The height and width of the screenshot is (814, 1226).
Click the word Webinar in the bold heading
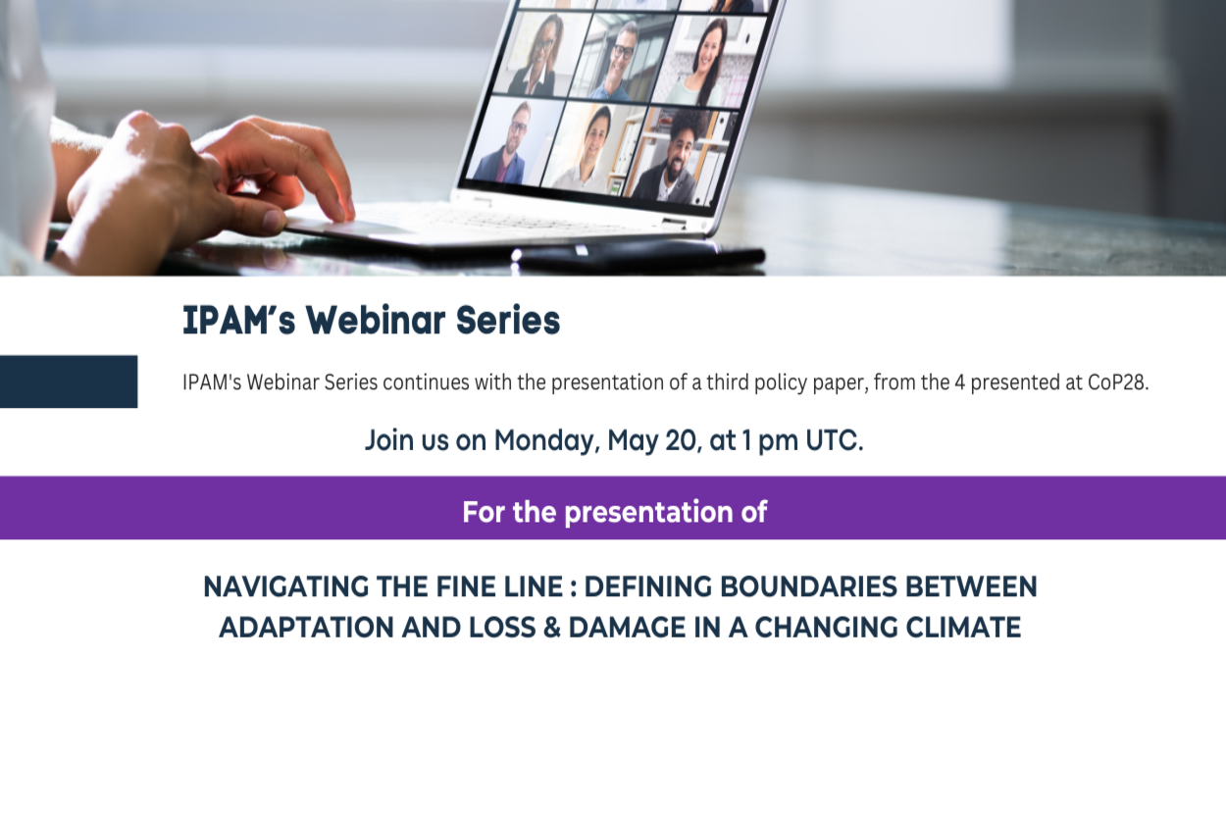tap(376, 320)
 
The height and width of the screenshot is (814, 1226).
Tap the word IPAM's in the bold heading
tap(238, 320)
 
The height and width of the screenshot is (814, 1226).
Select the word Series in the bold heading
tap(508, 320)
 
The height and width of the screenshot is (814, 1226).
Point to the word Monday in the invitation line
tap(545, 440)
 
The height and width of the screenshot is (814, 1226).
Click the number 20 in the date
tap(683, 440)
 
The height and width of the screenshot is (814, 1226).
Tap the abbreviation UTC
tap(834, 440)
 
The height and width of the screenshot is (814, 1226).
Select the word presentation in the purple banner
tap(648, 512)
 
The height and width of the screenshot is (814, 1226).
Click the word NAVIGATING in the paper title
tap(285, 586)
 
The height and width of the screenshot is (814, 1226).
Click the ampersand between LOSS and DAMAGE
tap(552, 628)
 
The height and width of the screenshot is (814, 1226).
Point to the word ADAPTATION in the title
tap(306, 628)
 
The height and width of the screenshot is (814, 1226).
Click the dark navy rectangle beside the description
tap(69, 382)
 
